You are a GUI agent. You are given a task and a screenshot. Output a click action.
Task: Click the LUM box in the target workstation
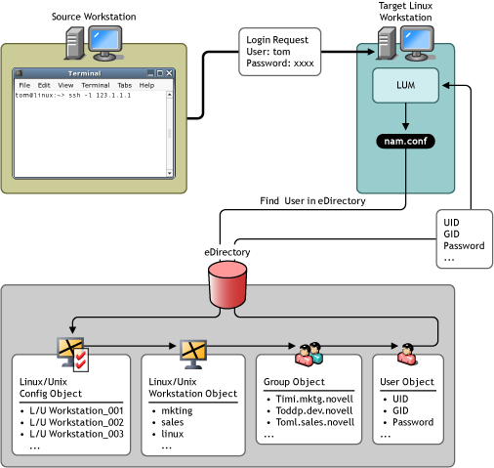405,85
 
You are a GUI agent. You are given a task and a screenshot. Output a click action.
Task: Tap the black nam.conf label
405,141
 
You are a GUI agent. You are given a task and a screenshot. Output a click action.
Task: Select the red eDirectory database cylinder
227,284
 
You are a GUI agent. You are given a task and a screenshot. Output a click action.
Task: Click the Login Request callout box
280,52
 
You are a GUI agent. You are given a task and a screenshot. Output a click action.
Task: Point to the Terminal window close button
169,73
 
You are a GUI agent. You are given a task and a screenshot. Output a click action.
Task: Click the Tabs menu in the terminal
125,85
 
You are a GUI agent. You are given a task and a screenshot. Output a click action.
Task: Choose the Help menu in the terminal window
146,85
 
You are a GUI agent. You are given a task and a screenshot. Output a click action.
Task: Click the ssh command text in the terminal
100,96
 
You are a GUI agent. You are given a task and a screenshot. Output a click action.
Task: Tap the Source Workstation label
94,17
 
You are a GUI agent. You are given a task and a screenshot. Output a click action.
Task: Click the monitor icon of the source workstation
105,44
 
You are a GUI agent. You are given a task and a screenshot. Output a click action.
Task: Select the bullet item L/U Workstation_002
76,422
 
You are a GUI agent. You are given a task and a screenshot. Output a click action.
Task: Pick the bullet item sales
173,422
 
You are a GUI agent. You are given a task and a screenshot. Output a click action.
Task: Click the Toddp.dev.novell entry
314,410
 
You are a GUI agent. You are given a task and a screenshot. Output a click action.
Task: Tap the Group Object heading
294,382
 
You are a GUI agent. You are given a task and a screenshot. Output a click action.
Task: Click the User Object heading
407,382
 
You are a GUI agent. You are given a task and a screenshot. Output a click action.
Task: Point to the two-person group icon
309,354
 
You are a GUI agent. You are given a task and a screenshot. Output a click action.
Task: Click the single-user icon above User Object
407,354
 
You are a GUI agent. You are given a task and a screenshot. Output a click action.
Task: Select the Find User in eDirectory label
312,201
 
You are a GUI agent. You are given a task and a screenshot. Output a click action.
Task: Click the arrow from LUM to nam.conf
405,116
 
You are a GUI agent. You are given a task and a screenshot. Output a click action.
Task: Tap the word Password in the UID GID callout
464,245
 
